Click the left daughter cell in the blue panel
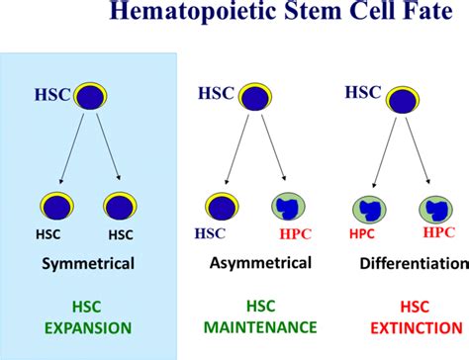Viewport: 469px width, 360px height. [x=55, y=207]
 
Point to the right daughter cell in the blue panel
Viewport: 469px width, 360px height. [x=118, y=207]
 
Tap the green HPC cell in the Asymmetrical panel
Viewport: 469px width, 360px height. [x=288, y=208]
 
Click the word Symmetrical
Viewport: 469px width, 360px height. [x=88, y=264]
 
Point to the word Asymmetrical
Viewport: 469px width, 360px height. [x=261, y=263]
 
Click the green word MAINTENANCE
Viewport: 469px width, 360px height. [x=260, y=326]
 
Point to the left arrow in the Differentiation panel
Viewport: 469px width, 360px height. [x=386, y=149]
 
